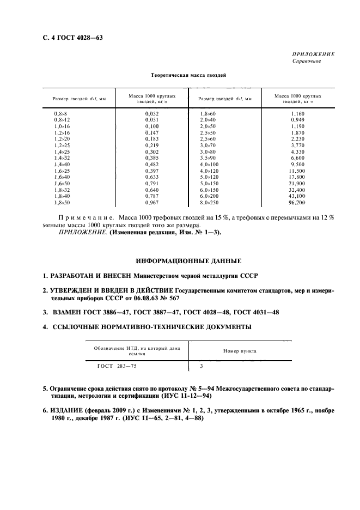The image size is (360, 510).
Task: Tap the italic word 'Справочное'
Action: [x=307, y=61]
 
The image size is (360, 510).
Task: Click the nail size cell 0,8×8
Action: [x=60, y=112]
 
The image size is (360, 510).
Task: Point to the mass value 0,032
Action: [x=151, y=112]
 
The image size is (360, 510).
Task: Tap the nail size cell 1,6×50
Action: [x=62, y=183]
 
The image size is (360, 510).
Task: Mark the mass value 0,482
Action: [x=151, y=164]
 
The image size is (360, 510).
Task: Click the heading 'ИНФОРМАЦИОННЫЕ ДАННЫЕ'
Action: [x=180, y=261]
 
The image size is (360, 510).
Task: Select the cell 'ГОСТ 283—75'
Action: [x=118, y=367]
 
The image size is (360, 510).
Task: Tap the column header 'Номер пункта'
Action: [x=240, y=351]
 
